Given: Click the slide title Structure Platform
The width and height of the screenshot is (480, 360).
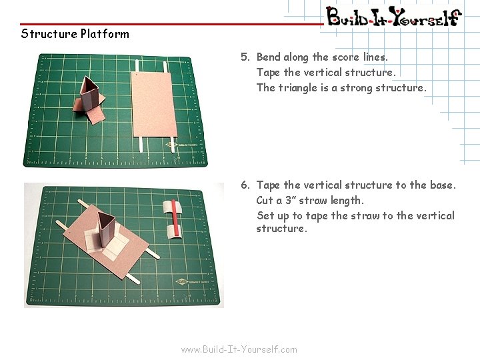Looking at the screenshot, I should pyautogui.click(x=75, y=34).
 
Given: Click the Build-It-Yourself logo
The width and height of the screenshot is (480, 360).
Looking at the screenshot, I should pyautogui.click(x=393, y=17).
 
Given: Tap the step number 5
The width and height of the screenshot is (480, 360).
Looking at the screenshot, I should pyautogui.click(x=245, y=57).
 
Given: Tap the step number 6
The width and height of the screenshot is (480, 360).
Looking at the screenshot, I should pyautogui.click(x=245, y=185).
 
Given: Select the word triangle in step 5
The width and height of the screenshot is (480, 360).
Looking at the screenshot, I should pyautogui.click(x=299, y=88).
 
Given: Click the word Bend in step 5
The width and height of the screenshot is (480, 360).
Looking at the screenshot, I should pyautogui.click(x=269, y=57).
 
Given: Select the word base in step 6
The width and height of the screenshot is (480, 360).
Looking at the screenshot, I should pyautogui.click(x=441, y=185).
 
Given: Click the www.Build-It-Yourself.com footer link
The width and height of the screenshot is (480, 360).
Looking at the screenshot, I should pyautogui.click(x=239, y=349).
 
